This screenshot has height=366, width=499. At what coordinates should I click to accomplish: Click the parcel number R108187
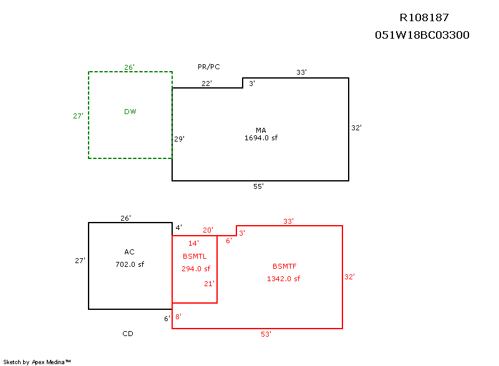coord(424,17)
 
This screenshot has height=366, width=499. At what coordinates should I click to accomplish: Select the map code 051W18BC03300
coord(422,35)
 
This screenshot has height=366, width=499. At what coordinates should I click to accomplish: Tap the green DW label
coord(130,112)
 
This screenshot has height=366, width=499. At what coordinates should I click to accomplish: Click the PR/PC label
coord(208,67)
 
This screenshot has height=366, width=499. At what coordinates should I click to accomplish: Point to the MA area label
coord(261,130)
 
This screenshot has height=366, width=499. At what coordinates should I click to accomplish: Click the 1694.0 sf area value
coord(261,138)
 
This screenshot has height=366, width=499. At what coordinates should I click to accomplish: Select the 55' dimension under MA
coord(258,186)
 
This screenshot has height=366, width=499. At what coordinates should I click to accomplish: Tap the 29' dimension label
coord(179,139)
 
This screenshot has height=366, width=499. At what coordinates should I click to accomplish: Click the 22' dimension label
coord(206,83)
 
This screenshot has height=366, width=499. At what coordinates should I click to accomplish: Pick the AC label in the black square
coord(129,252)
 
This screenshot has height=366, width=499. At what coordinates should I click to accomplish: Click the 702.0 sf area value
coord(129,264)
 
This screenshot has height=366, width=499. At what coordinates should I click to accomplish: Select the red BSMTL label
coord(195,256)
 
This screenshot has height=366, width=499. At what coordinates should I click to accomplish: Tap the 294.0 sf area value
coord(195,269)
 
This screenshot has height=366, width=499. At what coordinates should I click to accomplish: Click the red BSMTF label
coord(284,266)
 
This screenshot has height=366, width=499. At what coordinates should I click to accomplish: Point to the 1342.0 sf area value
coord(283,279)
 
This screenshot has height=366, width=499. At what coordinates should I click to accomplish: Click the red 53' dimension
coord(266,334)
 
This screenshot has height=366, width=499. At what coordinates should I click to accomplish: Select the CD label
coord(127,334)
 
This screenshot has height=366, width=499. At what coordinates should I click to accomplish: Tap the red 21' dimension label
coord(210,284)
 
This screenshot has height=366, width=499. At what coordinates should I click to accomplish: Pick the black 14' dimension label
coord(193,243)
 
